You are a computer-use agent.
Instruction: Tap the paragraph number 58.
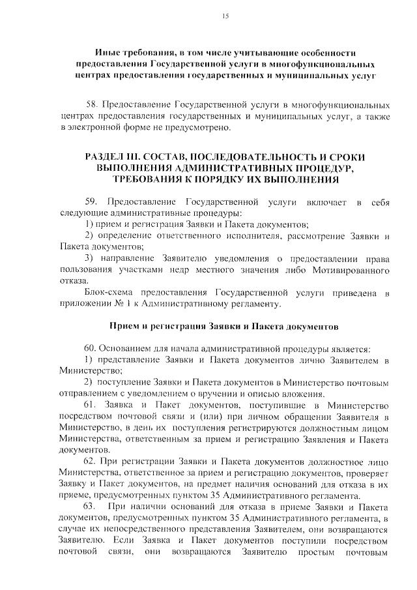coord(93,104)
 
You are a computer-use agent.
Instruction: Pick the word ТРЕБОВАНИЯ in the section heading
coord(144,179)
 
